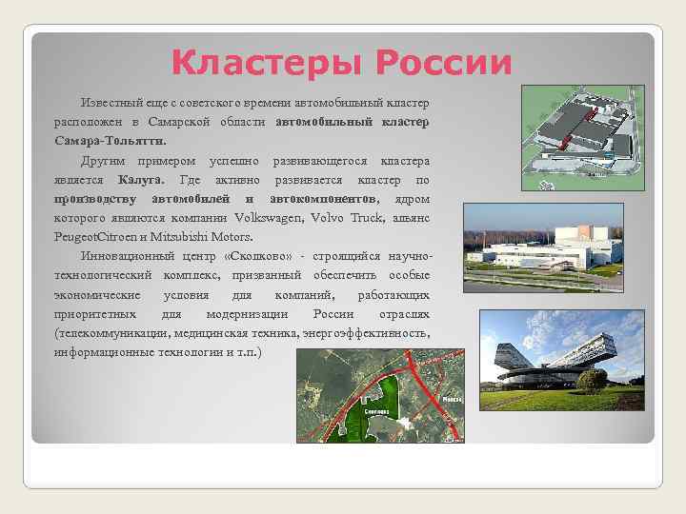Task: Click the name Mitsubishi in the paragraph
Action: pos(185,237)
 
